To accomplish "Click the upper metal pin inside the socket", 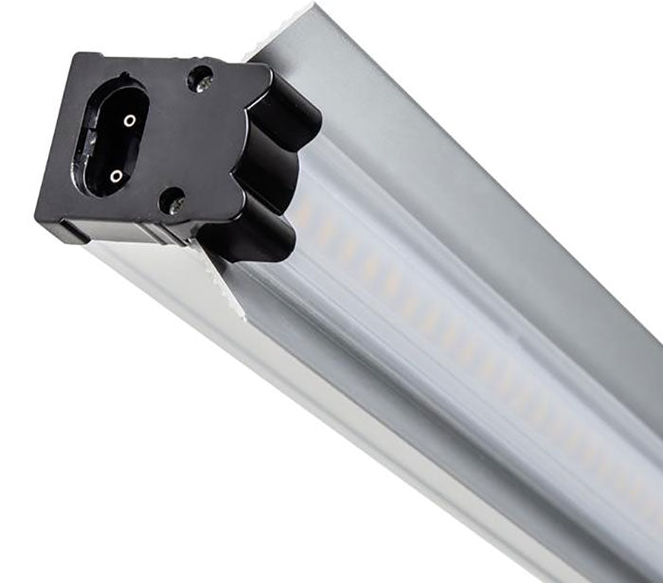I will (129, 120).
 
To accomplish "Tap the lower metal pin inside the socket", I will (116, 175).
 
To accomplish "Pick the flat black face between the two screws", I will (194, 142).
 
